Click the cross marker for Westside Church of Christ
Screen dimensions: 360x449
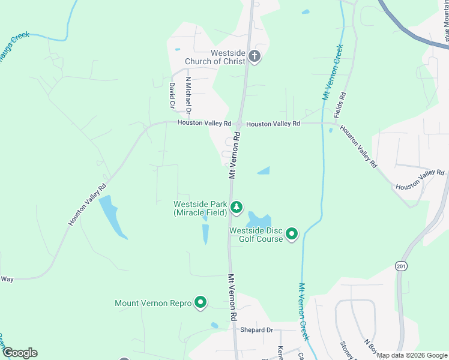pyautogui.click(x=254, y=57)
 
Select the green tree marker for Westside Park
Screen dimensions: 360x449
pyautogui.click(x=237, y=208)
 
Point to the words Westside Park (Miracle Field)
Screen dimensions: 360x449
pyautogui.click(x=200, y=208)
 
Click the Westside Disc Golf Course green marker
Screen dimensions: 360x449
pyautogui.click(x=292, y=233)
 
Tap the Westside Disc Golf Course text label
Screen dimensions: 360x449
pyautogui.click(x=256, y=234)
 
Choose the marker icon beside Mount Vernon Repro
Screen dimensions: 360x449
pyautogui.click(x=200, y=303)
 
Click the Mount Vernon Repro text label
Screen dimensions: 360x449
pyautogui.click(x=153, y=304)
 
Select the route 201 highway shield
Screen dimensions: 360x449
pyautogui.click(x=402, y=265)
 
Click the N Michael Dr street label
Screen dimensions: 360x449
pyautogui.click(x=188, y=95)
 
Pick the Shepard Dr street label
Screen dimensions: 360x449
pyautogui.click(x=256, y=330)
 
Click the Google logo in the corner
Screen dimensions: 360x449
pyautogui.click(x=19, y=353)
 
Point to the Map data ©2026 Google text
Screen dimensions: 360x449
pyautogui.click(x=412, y=355)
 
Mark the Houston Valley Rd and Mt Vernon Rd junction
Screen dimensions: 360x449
pyautogui.click(x=238, y=124)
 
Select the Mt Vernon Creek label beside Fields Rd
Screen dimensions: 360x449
pyautogui.click(x=332, y=72)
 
